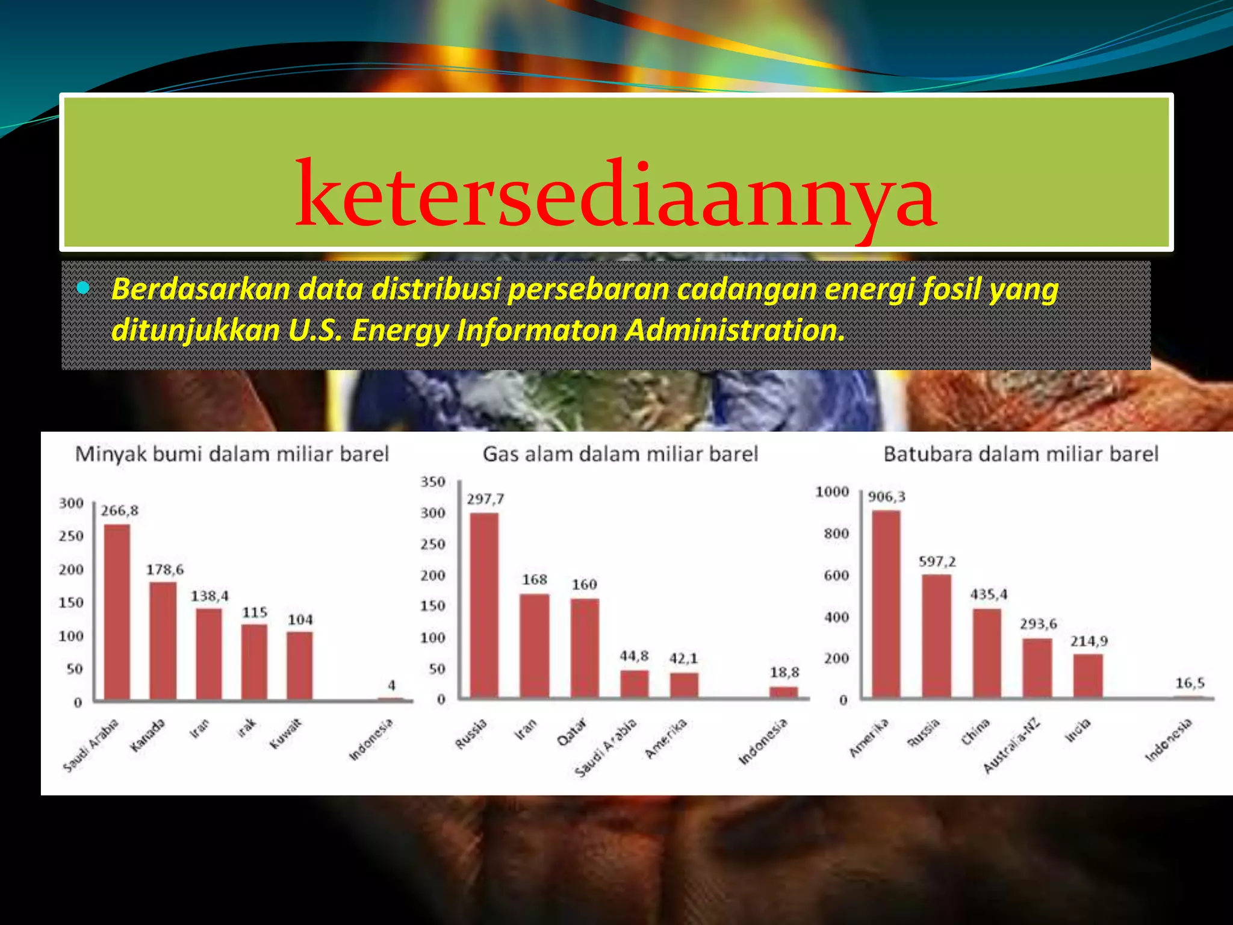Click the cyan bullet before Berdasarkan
coord(83,288)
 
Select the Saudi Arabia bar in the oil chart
coord(117,611)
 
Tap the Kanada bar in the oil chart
coord(163,640)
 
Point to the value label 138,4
coord(210,596)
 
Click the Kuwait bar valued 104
coord(299,665)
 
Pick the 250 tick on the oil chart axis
coord(71,536)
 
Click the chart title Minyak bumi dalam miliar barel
coord(232,454)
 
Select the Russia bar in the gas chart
coord(484,605)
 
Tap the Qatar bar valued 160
coord(585,648)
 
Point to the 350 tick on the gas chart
coord(433,482)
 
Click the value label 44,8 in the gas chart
coord(634,656)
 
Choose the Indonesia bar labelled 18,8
coord(783,692)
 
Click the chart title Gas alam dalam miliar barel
coord(620,454)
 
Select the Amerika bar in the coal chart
coord(886,604)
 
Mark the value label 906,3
coord(886,497)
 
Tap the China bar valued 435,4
coord(987,653)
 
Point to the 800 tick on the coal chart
coord(836,534)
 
